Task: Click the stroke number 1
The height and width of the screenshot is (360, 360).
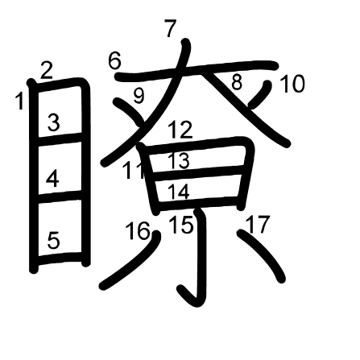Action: [x=19, y=101]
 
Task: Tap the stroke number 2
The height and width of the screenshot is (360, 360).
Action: [x=47, y=71]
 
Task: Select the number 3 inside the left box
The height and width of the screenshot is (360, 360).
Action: [x=54, y=122]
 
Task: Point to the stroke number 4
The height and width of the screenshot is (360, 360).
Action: [x=52, y=179]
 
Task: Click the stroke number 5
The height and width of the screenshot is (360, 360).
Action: [x=53, y=240]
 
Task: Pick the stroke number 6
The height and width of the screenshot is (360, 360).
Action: [x=115, y=60]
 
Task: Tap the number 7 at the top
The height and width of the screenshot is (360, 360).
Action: [x=171, y=28]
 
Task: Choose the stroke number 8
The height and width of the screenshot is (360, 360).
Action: [x=237, y=82]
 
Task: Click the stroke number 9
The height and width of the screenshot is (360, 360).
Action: [x=139, y=96]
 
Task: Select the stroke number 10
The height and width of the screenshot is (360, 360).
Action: [x=292, y=84]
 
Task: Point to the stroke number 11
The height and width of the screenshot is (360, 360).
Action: [x=134, y=171]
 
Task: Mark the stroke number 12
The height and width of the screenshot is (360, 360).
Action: [x=180, y=130]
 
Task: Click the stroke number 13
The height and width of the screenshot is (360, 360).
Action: [x=179, y=160]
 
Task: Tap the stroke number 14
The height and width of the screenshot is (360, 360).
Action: [x=179, y=192]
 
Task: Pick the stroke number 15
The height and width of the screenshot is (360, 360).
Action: [x=181, y=224]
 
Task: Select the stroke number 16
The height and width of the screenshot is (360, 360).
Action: [x=138, y=230]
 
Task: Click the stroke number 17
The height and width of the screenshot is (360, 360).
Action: [x=257, y=224]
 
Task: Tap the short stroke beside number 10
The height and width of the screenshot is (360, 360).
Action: [x=259, y=95]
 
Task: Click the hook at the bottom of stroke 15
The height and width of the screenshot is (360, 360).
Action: [x=188, y=296]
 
